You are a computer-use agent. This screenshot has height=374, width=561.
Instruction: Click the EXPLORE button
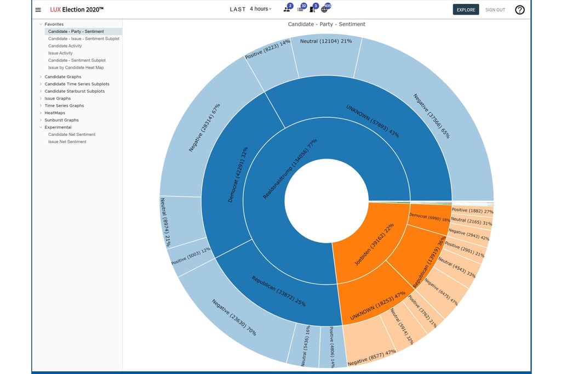pyautogui.click(x=466, y=10)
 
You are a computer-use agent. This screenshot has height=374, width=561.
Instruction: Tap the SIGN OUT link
pyautogui.click(x=495, y=10)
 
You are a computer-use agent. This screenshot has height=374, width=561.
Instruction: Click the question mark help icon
pyautogui.click(x=519, y=10)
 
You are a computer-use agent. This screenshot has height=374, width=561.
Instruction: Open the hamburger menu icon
pyautogui.click(x=38, y=10)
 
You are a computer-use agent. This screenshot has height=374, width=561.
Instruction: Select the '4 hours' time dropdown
pyautogui.click(x=260, y=9)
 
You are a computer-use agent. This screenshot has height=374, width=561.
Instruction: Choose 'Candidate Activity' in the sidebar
pyautogui.click(x=65, y=46)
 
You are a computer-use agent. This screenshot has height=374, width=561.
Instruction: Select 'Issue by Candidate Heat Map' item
pyautogui.click(x=76, y=67)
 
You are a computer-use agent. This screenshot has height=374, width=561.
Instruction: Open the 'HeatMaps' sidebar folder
pyautogui.click(x=55, y=113)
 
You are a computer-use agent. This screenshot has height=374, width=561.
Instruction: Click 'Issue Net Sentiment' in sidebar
pyautogui.click(x=67, y=142)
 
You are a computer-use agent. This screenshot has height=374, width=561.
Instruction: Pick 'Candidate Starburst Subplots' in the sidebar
pyautogui.click(x=75, y=91)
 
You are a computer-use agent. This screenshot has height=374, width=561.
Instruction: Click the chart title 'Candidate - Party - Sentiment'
pyautogui.click(x=327, y=24)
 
